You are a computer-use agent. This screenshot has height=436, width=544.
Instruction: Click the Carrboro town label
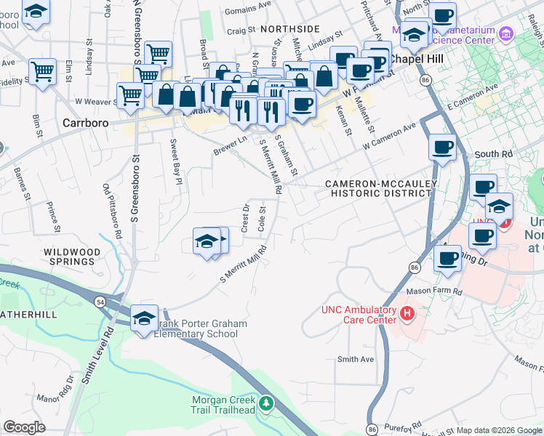point(86,123)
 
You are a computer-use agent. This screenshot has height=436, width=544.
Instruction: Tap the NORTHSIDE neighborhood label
point(289,28)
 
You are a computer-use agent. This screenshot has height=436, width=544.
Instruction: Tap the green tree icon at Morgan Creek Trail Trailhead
point(267,402)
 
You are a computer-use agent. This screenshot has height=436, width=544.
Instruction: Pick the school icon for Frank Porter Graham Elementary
point(144,317)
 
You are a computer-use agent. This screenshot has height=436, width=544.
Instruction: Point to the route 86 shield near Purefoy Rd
point(372,429)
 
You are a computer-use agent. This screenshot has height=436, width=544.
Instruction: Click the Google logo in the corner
point(24,427)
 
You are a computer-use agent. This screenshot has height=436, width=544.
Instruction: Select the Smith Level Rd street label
point(100,355)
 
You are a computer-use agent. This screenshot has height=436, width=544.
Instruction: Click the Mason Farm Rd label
point(434,291)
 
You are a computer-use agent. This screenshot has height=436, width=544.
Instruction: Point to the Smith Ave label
point(355,359)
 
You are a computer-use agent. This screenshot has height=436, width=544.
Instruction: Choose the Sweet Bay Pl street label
point(175,162)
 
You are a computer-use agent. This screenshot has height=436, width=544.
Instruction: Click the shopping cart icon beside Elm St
point(43,72)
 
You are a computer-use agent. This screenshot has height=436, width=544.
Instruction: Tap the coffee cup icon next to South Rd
point(442,148)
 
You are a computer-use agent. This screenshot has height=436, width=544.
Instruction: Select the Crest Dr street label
point(245,219)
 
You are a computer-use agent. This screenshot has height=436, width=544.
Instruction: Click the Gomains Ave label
point(248,10)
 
